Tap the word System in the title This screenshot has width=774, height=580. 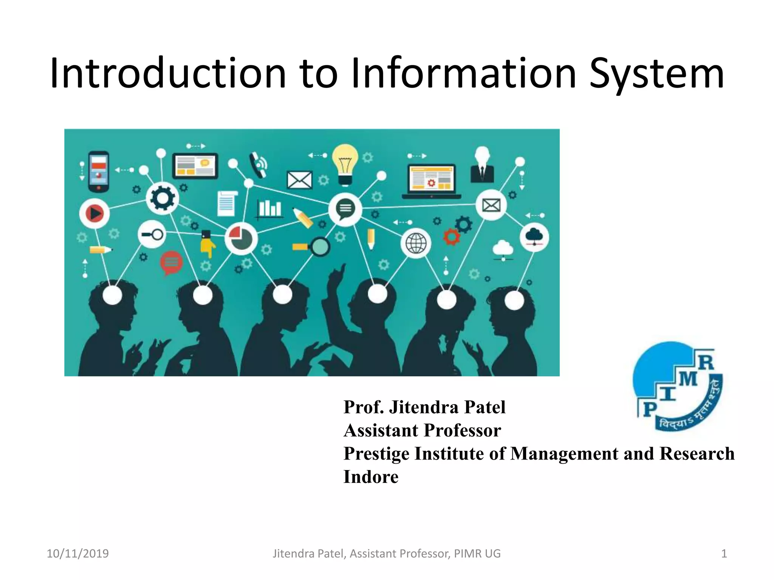(656, 74)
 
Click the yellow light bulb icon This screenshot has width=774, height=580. (345, 164)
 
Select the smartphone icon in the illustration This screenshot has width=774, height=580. (99, 171)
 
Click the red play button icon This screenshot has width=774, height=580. (94, 214)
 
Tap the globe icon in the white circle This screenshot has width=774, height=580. (416, 243)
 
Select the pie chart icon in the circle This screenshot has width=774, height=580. (241, 238)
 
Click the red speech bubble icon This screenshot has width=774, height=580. (171, 262)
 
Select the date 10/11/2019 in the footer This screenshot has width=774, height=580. (77, 554)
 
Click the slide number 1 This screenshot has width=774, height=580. (724, 554)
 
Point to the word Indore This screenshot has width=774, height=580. (371, 477)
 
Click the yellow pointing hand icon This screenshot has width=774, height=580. (207, 245)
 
